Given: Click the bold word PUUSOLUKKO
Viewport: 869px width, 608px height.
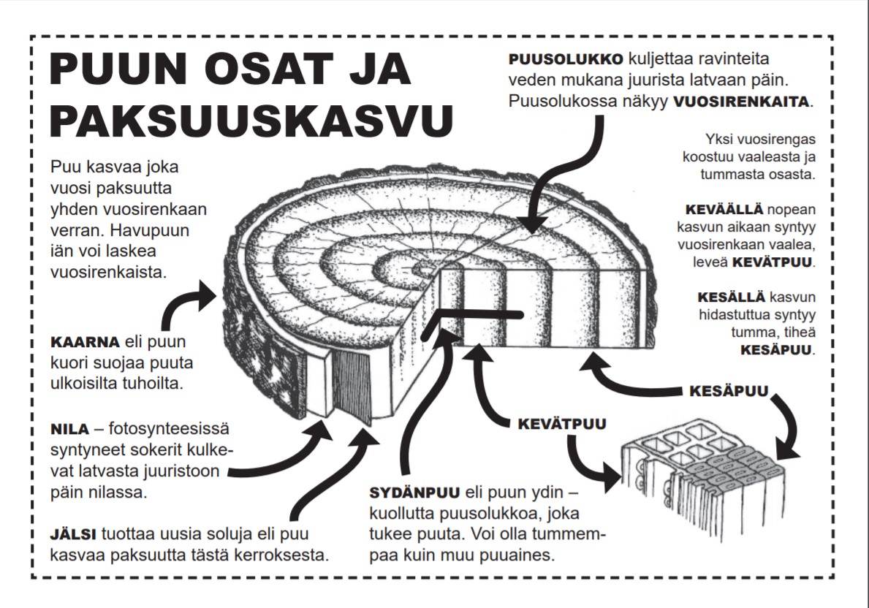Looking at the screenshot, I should [x=566, y=58].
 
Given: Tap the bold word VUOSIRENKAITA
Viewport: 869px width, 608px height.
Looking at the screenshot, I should [x=741, y=102].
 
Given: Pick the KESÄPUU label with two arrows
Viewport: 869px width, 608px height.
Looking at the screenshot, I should [x=728, y=391].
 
